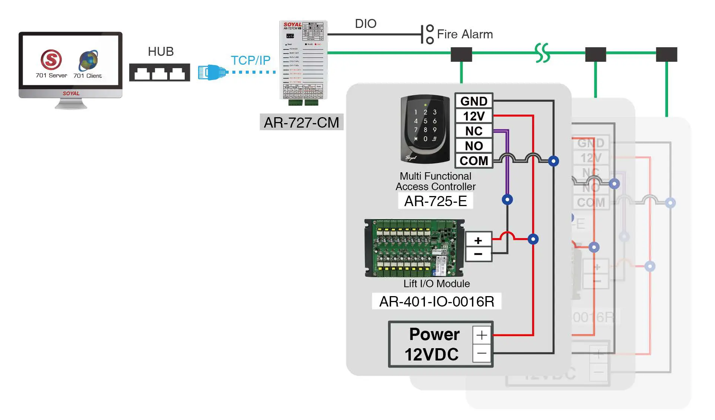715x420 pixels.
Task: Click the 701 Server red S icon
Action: click(51, 60)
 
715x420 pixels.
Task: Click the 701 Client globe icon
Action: click(88, 60)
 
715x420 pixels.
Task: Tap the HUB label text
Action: click(161, 51)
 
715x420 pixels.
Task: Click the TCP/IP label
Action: click(250, 60)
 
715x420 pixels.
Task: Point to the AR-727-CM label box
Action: click(301, 122)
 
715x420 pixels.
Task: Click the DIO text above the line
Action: click(365, 23)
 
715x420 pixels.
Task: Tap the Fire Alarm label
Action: click(464, 34)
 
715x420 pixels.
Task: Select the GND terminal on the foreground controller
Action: click(474, 101)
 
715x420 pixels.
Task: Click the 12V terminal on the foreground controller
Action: click(474, 116)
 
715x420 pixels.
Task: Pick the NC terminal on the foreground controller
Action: click(474, 131)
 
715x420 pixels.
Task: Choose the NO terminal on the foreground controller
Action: click(474, 146)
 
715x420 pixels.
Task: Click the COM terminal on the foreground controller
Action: click(474, 161)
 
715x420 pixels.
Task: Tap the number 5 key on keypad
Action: click(425, 121)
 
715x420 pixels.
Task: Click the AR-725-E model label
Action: click(435, 201)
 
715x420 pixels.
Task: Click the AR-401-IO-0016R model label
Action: click(436, 301)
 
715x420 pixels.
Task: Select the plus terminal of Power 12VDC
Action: click(482, 335)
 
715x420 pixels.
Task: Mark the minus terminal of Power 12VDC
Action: click(482, 353)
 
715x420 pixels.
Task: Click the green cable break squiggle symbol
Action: click(542, 52)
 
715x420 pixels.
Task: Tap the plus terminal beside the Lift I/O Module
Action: click(478, 240)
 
